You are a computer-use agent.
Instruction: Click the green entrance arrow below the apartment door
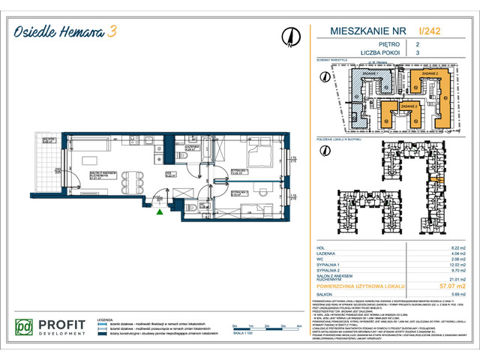click(159, 212)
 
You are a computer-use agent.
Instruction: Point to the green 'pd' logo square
click(25, 328)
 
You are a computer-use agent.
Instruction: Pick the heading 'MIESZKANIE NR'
click(362, 31)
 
